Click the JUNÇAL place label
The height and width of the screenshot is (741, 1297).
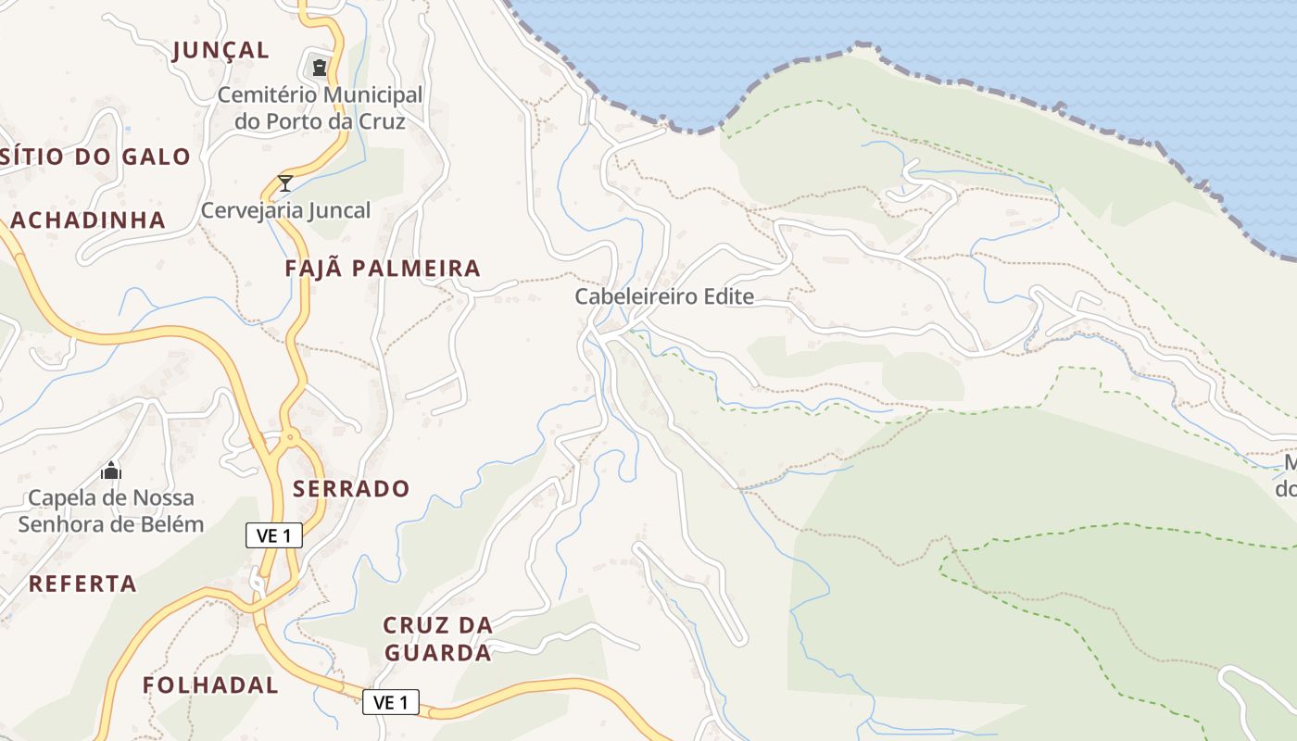(x=220, y=50)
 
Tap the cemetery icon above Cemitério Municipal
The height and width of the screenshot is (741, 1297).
(x=320, y=67)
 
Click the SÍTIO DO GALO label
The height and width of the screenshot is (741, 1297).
(x=95, y=157)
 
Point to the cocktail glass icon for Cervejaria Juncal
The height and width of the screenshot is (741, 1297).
(x=285, y=182)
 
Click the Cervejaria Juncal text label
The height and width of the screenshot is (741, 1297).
(x=285, y=210)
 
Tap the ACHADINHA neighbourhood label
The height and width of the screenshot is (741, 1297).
(x=88, y=220)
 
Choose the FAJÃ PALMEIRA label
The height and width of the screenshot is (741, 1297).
(x=383, y=269)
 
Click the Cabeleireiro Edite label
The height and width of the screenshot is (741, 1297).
(x=664, y=296)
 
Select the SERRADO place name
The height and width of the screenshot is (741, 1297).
(x=351, y=488)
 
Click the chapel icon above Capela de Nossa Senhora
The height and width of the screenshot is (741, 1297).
(x=111, y=471)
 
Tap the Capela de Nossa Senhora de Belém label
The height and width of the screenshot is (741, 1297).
(x=111, y=510)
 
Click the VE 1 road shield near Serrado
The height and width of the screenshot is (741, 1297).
(x=274, y=534)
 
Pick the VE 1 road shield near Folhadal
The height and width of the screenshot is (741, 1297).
(x=390, y=702)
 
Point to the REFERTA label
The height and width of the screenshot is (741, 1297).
(x=82, y=584)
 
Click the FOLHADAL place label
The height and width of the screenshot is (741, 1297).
(x=210, y=685)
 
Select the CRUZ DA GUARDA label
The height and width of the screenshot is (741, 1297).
(x=437, y=639)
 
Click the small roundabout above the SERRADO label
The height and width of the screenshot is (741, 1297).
(x=291, y=435)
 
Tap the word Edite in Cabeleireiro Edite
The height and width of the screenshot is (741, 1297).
(x=728, y=296)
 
